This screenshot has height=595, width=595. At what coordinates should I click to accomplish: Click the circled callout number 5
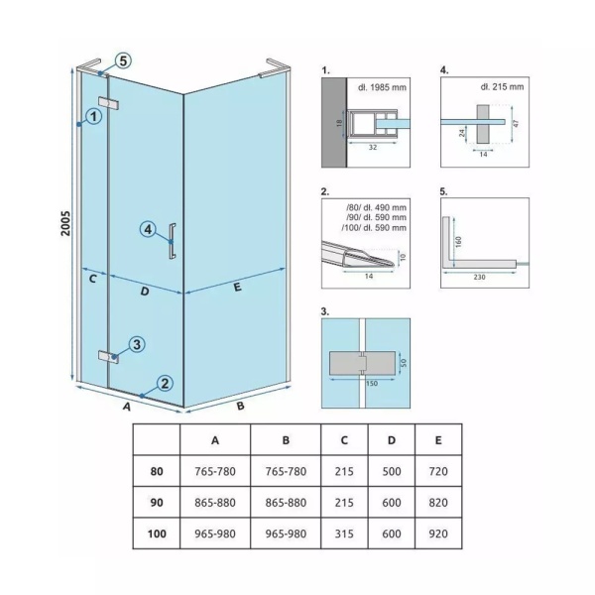coord(123,60)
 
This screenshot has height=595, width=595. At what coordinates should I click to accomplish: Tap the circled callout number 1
coord(94,116)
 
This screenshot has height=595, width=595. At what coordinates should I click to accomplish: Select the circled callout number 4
coord(148,229)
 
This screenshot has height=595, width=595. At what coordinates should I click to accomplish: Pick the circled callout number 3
coord(137,344)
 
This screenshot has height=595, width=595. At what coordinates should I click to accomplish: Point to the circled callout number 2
coord(165,383)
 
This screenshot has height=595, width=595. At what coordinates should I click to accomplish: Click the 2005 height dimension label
coord(65,223)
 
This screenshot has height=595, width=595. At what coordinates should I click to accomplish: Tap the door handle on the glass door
coord(173,241)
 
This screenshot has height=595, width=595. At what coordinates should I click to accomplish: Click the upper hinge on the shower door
coord(108,103)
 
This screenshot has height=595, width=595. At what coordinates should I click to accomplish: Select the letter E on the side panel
coord(238,287)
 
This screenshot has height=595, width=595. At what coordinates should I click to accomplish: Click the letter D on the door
coord(145,292)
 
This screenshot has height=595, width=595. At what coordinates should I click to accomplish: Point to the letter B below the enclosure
coord(240,406)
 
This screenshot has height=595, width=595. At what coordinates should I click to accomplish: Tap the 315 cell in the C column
coord(344,534)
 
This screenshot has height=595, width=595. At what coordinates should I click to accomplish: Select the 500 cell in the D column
coord(392,471)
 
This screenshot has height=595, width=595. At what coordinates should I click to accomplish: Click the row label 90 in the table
coord(157,503)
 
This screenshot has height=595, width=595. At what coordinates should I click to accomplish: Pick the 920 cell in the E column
coord(438,534)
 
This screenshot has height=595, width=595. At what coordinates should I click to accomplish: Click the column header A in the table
coord(215,440)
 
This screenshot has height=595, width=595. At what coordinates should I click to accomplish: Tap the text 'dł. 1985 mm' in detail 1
coord(382,87)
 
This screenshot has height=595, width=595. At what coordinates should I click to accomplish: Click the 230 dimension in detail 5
coord(479,277)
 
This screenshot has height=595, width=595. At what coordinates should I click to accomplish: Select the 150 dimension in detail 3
coord(372,383)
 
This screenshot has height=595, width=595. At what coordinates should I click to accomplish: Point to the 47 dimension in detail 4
coord(516,123)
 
